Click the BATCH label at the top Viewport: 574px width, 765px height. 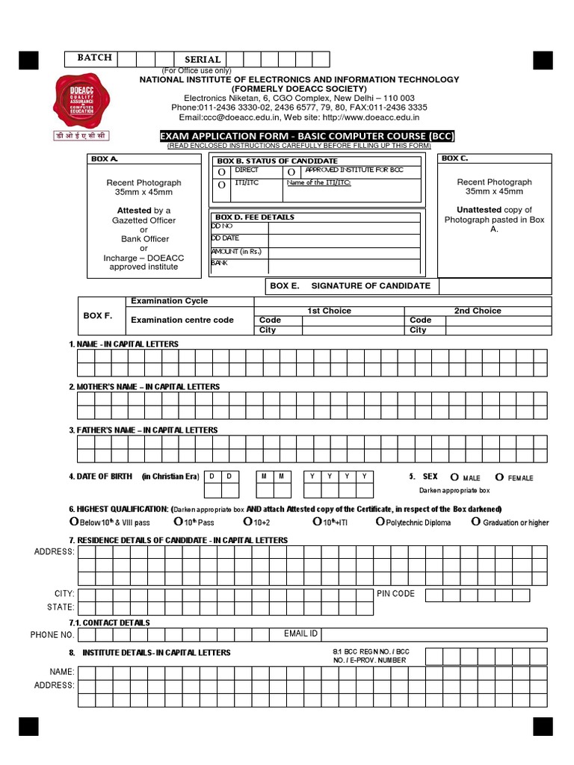(x=94, y=58)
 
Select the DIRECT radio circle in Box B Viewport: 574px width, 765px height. (x=221, y=172)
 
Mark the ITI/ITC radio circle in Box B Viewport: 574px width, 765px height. (x=221, y=185)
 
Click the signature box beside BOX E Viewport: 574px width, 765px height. (x=495, y=286)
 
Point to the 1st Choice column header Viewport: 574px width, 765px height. (x=329, y=311)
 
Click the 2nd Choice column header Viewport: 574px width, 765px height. (x=478, y=311)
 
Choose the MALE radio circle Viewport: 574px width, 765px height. (x=454, y=477)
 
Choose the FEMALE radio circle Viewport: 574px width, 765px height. (x=499, y=477)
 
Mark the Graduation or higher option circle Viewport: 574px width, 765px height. (x=476, y=521)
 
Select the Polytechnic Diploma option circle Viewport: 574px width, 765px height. (x=381, y=521)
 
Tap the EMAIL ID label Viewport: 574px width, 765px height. (x=300, y=634)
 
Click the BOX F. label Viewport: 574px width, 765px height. (x=98, y=316)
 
